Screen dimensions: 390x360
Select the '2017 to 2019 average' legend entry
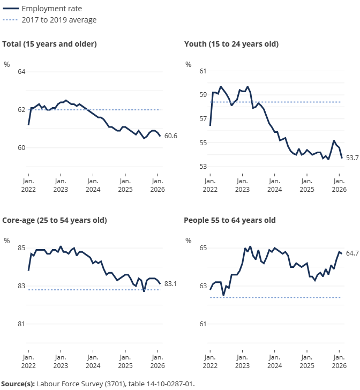[59, 20]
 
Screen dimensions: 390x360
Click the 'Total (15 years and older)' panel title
[49, 44]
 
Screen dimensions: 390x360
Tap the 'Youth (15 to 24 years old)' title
[231, 44]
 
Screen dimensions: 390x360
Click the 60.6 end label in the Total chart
[170, 136]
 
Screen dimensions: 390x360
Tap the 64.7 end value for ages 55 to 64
[352, 253]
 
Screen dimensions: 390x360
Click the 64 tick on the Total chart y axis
[21, 72]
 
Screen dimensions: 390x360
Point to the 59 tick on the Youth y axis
[203, 95]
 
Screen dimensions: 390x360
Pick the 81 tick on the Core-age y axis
[21, 324]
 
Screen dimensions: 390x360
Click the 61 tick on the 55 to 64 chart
[203, 324]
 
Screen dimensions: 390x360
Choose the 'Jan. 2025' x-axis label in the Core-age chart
[125, 361]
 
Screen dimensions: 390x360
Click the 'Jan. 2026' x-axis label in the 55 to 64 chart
[339, 361]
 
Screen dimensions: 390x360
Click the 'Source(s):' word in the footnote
[18, 384]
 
